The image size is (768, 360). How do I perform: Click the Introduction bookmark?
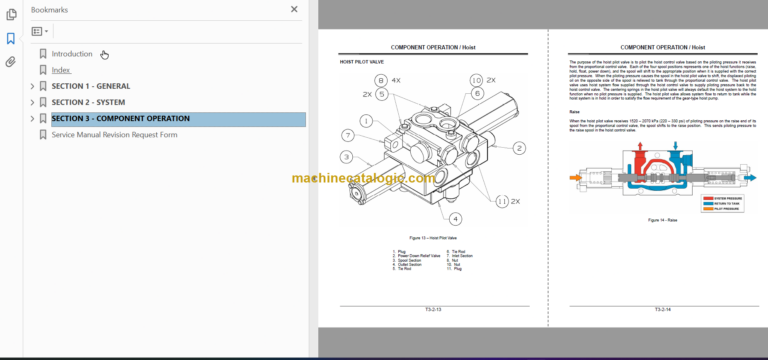point(72,54)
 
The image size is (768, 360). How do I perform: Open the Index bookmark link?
point(61,70)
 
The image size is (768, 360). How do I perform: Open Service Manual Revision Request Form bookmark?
point(114,135)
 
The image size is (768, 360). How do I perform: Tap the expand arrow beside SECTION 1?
point(32,86)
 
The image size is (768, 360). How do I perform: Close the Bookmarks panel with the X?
point(294,9)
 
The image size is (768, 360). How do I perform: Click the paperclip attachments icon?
point(11,62)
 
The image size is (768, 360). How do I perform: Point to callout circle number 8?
point(380,79)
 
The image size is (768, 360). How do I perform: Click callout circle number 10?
point(476,80)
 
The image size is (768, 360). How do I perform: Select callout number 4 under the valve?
point(455,218)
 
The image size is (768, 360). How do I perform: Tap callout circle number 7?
point(347,135)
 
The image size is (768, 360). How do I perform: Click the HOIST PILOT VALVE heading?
point(362,62)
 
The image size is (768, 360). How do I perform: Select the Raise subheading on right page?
point(575,112)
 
